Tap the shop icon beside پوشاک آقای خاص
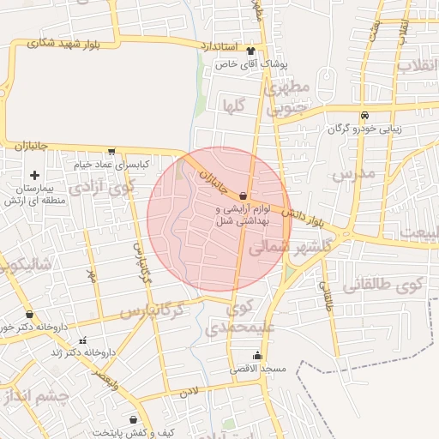click(250, 50)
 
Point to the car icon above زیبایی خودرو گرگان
click(365, 115)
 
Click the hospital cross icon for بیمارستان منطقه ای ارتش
click(34, 175)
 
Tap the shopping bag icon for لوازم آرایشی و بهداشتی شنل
click(244, 195)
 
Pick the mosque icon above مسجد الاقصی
click(257, 356)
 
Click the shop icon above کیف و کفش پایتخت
click(133, 419)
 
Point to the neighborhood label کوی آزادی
click(100, 186)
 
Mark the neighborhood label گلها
click(234, 105)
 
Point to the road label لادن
click(189, 391)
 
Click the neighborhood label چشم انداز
click(41, 396)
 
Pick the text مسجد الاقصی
click(257, 369)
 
